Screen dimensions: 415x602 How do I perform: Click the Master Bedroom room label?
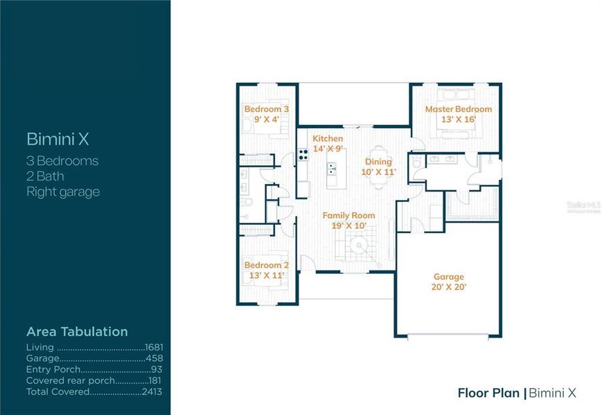(x=458, y=109)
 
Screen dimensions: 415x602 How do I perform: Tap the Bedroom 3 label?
(x=266, y=109)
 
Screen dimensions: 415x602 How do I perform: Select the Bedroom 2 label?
(x=266, y=265)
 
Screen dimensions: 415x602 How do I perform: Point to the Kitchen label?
(x=328, y=139)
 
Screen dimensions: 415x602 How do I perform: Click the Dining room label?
(x=379, y=161)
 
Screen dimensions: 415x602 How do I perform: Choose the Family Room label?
(x=348, y=216)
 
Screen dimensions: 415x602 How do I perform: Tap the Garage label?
(x=449, y=277)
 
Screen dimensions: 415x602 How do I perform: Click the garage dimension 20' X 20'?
(x=449, y=286)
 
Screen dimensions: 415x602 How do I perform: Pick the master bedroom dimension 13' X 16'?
(x=458, y=119)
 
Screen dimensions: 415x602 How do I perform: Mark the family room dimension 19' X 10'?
(x=348, y=225)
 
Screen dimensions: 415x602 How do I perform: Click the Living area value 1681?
(x=154, y=347)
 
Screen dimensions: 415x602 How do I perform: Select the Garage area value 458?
(x=155, y=359)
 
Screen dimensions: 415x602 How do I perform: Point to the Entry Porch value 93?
(x=158, y=370)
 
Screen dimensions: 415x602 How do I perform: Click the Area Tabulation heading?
(x=77, y=332)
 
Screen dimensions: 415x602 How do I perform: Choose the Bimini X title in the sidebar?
(x=57, y=139)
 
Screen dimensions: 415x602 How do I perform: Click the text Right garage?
(x=63, y=192)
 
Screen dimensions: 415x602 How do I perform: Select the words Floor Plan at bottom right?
(x=488, y=393)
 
